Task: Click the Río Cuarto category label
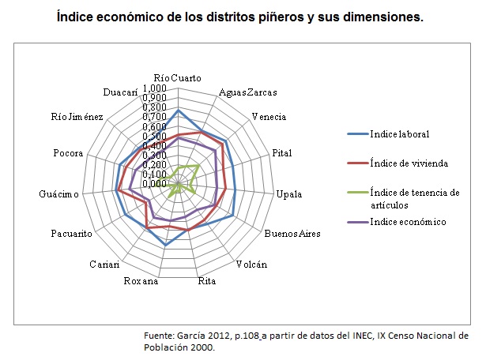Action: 177,77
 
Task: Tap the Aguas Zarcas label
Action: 247,92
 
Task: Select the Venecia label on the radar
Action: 269,117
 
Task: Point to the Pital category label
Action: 282,152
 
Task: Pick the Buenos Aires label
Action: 283,234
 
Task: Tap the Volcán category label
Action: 251,265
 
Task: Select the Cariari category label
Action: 104,264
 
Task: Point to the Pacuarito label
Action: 72,234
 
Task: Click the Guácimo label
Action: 58,194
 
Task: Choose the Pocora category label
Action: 69,153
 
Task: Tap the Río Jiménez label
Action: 77,117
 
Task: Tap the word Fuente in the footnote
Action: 161,336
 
